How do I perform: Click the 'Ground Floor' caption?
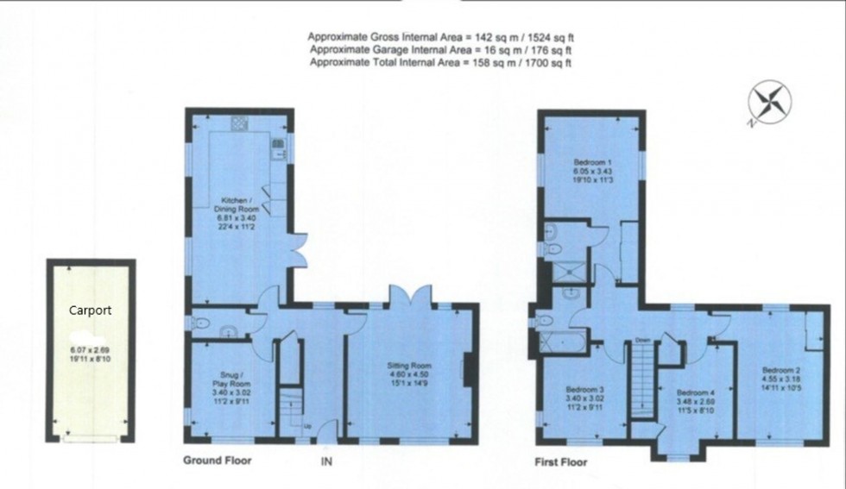218,461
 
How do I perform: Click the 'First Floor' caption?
560,462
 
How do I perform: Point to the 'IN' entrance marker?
326,462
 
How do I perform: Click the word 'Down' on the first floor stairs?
642,338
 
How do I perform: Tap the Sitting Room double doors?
404,296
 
